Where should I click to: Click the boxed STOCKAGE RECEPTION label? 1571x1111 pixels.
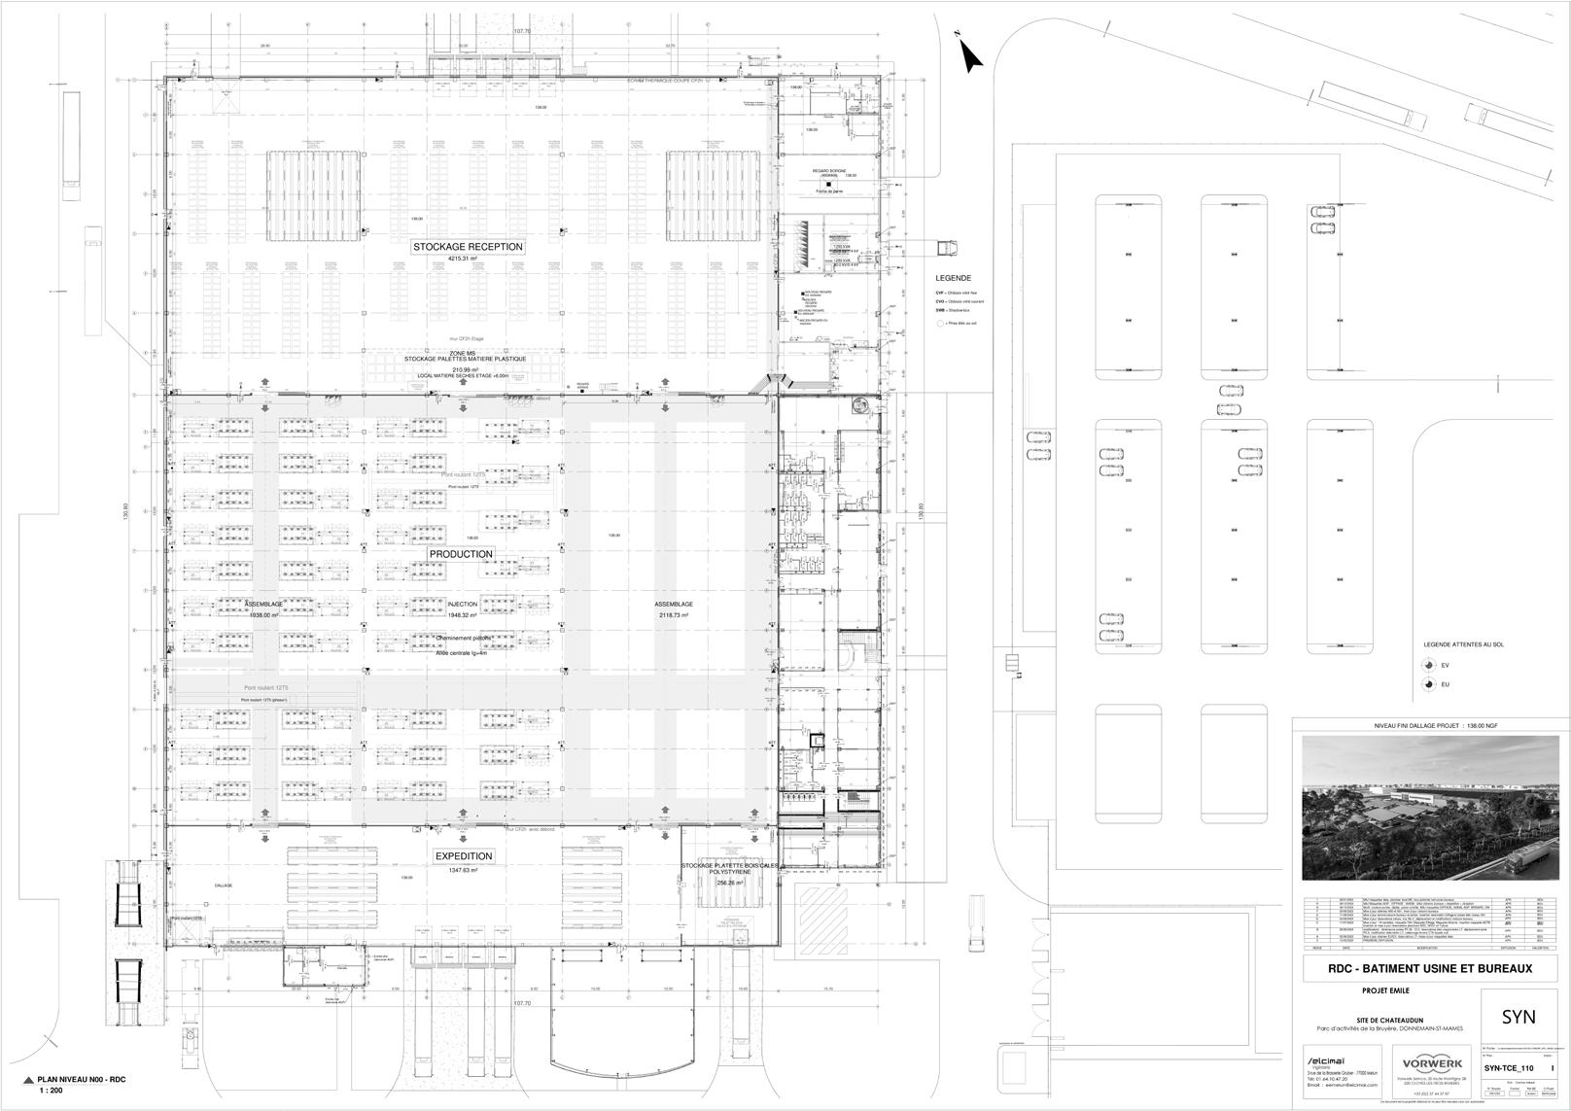click(468, 247)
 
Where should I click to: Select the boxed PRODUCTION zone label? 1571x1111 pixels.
click(461, 554)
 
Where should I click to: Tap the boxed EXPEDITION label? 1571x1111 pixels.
click(464, 856)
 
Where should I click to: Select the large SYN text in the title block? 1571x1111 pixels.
click(1519, 1017)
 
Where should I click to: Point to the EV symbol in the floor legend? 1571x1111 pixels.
click(1427, 665)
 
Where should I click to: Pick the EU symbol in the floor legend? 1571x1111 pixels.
click(1427, 684)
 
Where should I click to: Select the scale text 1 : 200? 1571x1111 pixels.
click(52, 1092)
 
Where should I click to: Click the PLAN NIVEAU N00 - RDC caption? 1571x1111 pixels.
click(82, 1080)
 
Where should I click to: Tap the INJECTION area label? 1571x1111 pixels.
click(462, 605)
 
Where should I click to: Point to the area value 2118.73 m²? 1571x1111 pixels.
click(672, 615)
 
